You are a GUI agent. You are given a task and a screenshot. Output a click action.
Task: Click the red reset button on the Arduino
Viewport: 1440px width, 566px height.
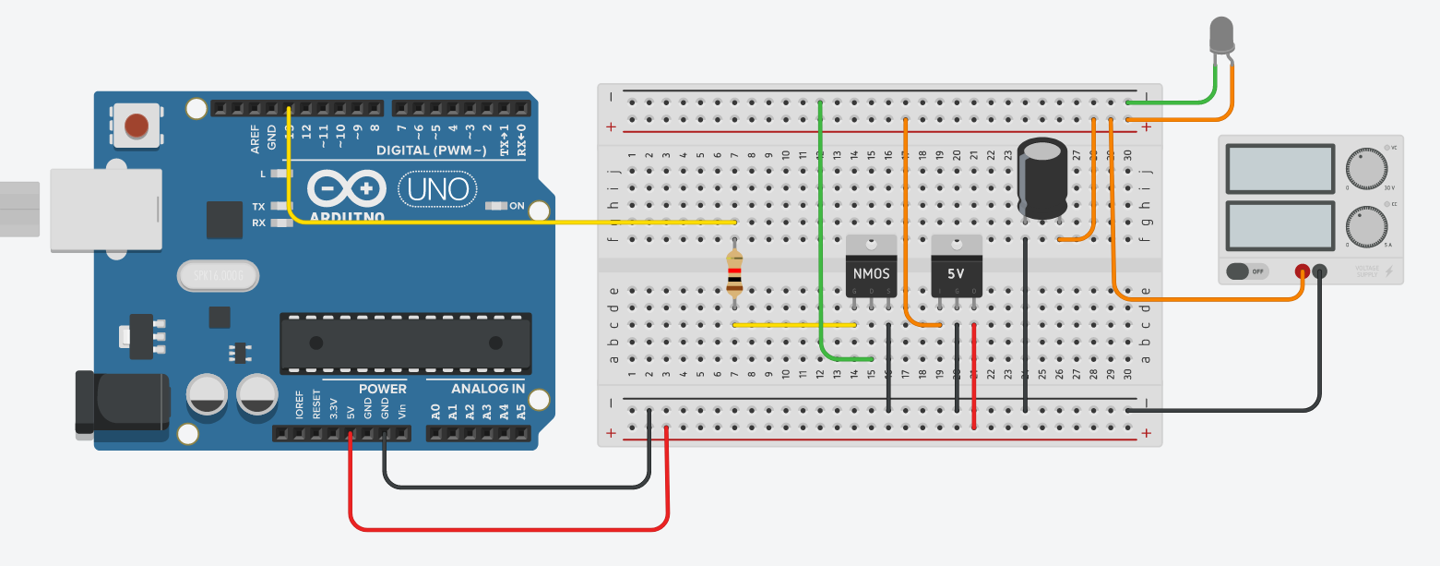[137, 125]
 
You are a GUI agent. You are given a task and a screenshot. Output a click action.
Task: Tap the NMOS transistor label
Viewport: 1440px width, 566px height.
[871, 274]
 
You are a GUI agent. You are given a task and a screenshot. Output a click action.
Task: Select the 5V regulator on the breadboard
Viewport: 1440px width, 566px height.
[957, 267]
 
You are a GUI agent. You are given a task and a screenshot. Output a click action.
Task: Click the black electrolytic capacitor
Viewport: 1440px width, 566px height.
[1043, 179]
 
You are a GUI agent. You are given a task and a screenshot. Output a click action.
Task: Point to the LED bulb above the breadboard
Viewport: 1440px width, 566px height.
[1222, 37]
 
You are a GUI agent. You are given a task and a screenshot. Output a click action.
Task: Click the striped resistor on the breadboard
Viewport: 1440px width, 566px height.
[734, 273]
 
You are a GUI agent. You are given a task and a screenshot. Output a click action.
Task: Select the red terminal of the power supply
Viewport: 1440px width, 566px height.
[1302, 271]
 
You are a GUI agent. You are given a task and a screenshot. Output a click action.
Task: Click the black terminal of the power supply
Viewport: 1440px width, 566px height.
[1319, 271]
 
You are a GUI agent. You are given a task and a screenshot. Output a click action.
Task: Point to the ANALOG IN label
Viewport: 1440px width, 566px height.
[487, 389]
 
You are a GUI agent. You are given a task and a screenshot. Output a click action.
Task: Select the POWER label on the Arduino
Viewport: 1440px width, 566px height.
[382, 389]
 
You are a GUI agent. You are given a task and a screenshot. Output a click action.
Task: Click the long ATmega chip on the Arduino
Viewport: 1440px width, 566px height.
[406, 343]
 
